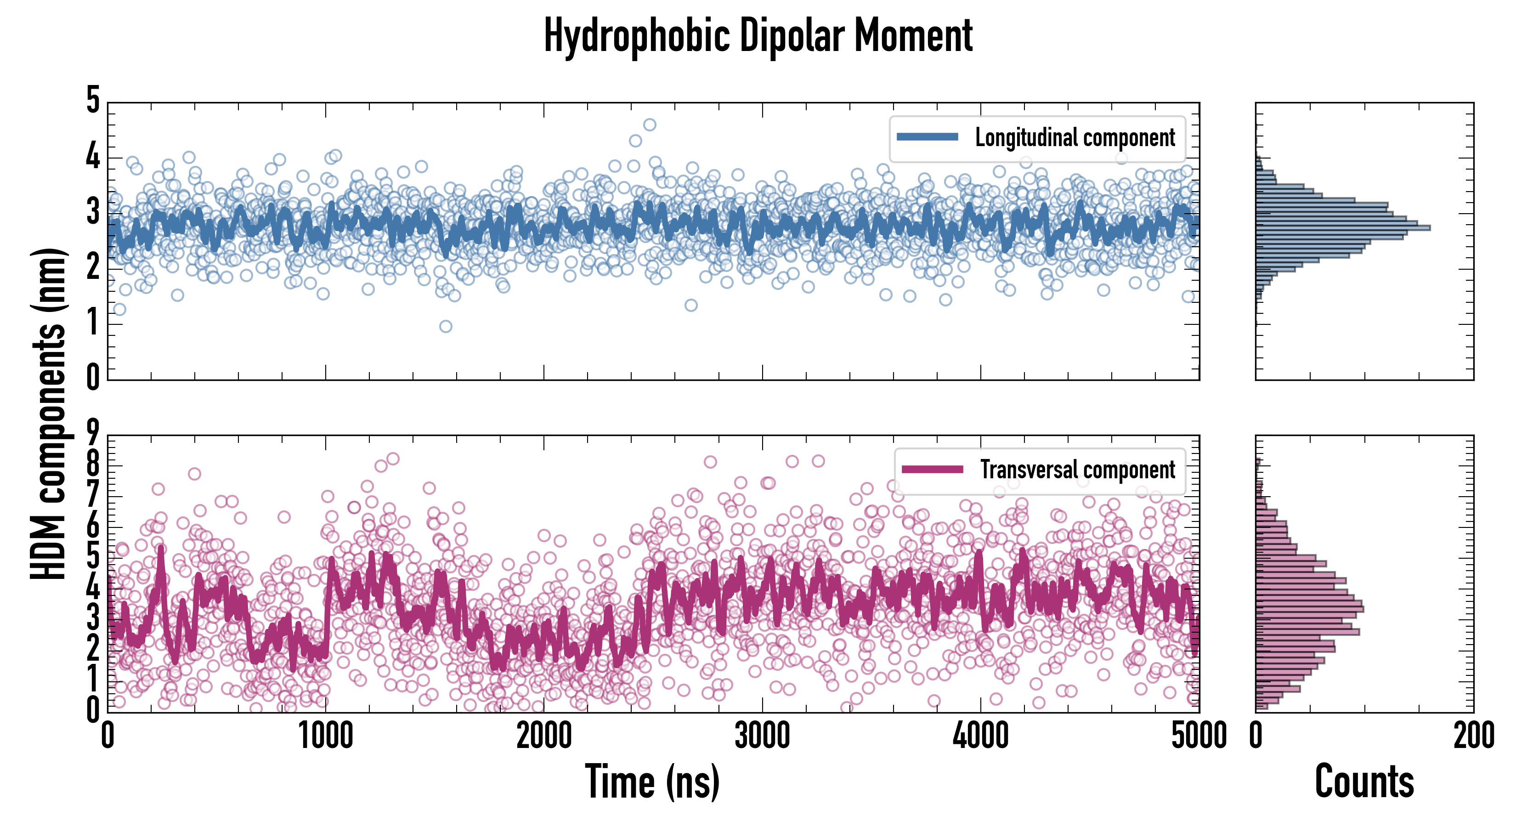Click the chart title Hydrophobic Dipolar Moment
point(758,36)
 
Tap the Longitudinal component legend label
point(1075,138)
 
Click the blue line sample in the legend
point(928,137)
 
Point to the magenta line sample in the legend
point(932,469)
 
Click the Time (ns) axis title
point(652,782)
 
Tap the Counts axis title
point(1364,782)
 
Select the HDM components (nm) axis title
point(48,413)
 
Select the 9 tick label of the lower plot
point(93,434)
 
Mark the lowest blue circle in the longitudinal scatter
point(446,326)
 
